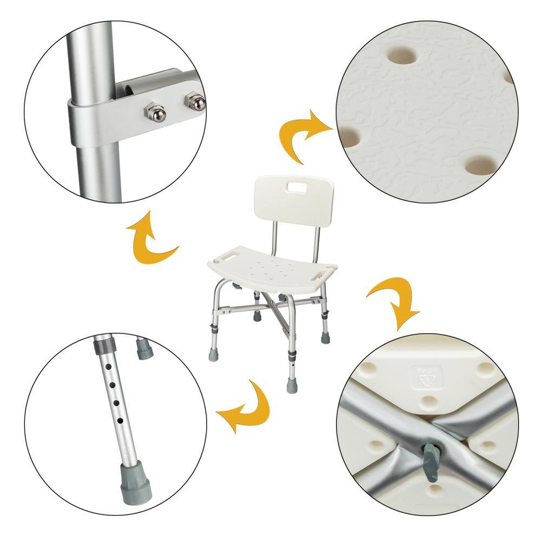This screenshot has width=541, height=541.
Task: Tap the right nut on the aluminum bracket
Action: (194, 101)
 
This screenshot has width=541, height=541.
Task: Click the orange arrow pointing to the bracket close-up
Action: (150, 238)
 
